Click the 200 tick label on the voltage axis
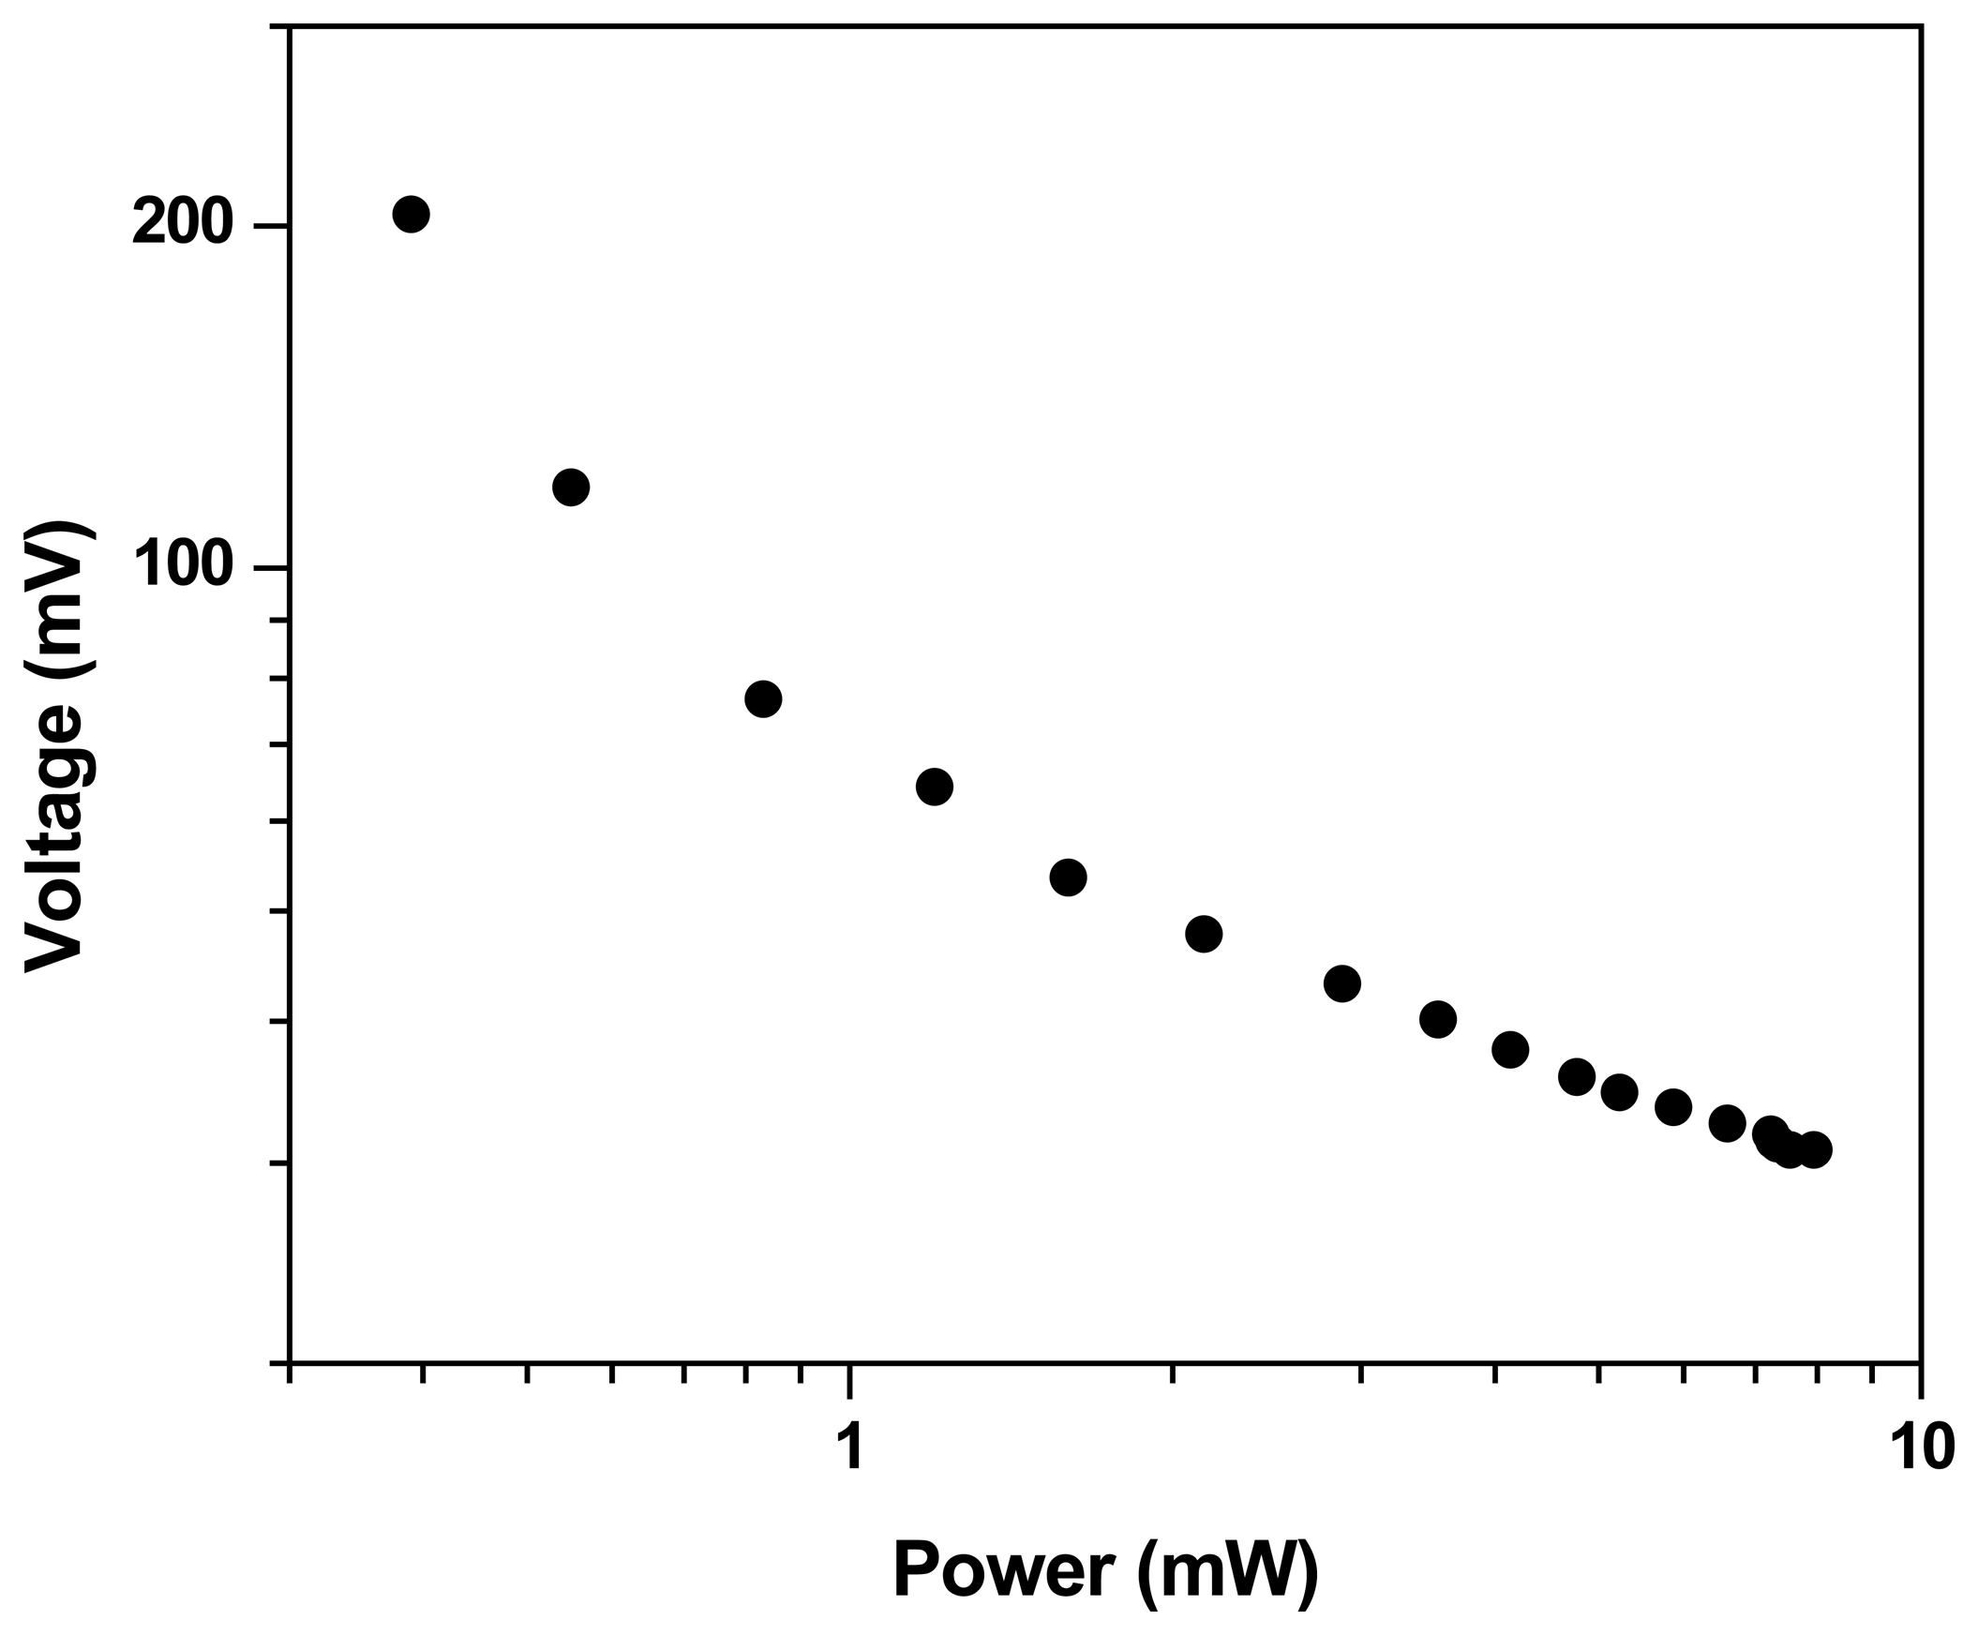182,226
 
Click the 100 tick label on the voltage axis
182,568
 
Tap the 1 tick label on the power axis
850,1447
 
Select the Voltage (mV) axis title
58,750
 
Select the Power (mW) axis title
1105,1570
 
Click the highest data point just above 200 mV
411,215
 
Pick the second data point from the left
571,487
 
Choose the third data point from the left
763,698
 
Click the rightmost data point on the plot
1813,1150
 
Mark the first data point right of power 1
934,786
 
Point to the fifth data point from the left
1068,877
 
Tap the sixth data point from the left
1204,935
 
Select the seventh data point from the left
1342,984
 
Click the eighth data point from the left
1437,1019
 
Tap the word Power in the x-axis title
1003,1570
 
